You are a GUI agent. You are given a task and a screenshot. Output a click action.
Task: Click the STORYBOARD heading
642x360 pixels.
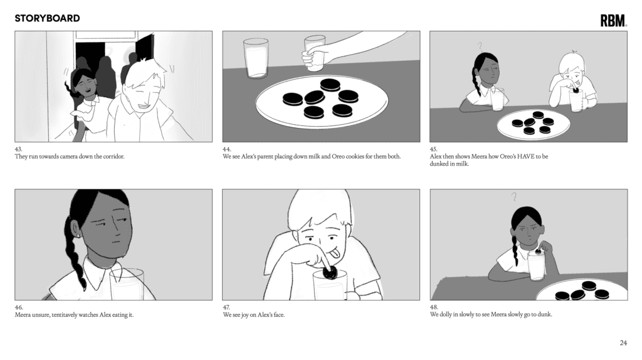(x=47, y=18)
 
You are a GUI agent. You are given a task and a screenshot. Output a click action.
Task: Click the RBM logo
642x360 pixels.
(x=613, y=21)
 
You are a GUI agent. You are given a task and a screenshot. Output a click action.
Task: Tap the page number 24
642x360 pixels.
(x=623, y=343)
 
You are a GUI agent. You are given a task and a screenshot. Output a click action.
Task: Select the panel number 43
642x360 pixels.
(x=18, y=149)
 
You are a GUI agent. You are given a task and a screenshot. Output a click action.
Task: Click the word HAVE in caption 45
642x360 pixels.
(x=526, y=156)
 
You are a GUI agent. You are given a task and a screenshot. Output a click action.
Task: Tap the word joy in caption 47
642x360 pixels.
(x=245, y=315)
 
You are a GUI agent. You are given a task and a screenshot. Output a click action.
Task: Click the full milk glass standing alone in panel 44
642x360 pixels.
(x=256, y=58)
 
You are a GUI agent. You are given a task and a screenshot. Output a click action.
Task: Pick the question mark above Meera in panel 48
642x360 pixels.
(x=513, y=197)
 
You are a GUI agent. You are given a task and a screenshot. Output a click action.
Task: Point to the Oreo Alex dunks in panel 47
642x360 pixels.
(x=330, y=272)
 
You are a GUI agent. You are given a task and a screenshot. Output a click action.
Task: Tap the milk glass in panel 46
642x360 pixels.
(x=127, y=284)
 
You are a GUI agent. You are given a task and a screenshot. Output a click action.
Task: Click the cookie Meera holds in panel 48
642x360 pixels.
(x=538, y=252)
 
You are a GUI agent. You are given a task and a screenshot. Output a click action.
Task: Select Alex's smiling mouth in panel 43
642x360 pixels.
(x=145, y=107)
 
